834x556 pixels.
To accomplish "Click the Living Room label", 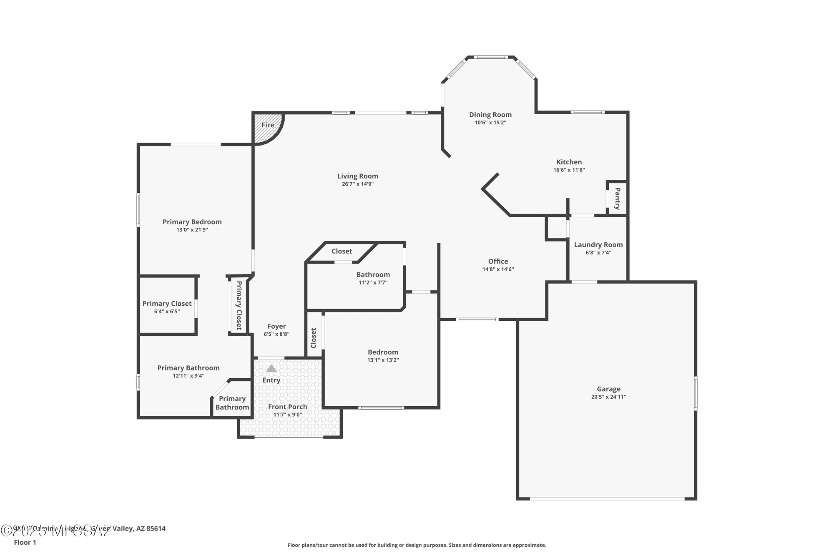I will (357, 176).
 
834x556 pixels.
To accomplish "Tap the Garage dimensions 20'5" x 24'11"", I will (608, 397).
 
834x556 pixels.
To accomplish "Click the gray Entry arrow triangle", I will (271, 368).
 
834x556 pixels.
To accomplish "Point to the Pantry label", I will (618, 199).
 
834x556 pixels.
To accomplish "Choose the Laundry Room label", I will (598, 245).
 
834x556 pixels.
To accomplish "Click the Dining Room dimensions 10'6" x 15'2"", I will (490, 123).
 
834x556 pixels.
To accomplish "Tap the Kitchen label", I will (569, 162).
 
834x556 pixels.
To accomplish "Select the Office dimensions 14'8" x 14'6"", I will (498, 269).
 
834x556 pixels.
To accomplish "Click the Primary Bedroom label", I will (192, 222).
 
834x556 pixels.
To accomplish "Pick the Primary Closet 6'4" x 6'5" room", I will (167, 307).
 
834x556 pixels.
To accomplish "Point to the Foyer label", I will (276, 326).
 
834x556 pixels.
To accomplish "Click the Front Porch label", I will (287, 407).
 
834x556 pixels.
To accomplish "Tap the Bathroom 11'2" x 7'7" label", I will (373, 274).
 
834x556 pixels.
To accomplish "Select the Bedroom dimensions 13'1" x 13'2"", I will (383, 360).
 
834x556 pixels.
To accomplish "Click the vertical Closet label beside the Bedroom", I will (314, 338).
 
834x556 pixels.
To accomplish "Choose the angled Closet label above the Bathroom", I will (342, 251).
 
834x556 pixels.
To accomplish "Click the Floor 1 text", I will (25, 542).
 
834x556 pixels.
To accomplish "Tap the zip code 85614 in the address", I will (156, 528).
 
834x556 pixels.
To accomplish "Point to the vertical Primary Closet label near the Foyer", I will (239, 305).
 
